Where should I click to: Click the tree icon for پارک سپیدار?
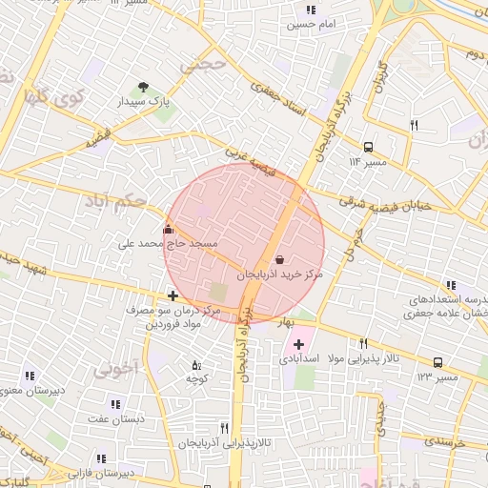click(x=144, y=87)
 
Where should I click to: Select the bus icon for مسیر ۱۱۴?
click(x=369, y=147)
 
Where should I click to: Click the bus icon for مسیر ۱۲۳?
click(x=437, y=362)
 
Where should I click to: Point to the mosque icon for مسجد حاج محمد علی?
click(x=169, y=229)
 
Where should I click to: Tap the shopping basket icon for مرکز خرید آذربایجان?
click(x=278, y=259)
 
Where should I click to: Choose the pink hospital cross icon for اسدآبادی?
click(x=299, y=344)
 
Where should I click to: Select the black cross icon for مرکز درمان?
click(x=173, y=296)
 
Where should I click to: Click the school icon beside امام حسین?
click(x=311, y=10)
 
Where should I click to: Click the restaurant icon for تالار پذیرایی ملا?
click(x=363, y=344)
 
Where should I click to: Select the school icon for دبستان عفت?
click(x=115, y=404)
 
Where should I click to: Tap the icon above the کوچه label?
click(x=196, y=365)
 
